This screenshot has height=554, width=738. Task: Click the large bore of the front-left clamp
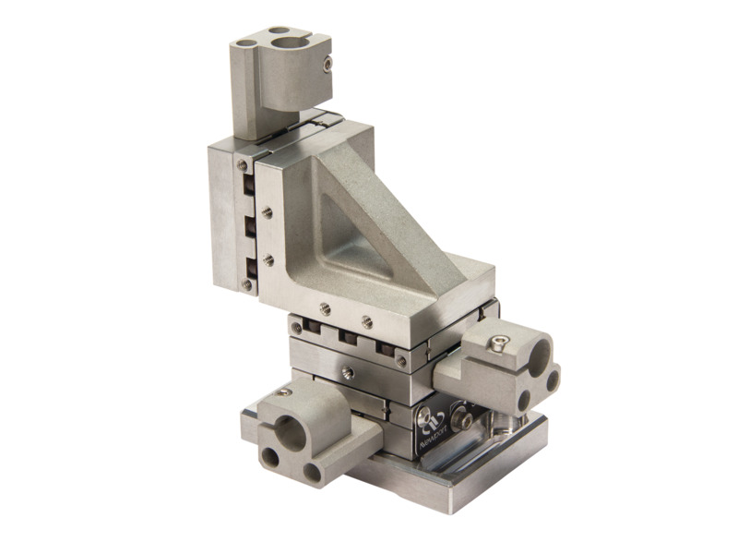click(x=293, y=429)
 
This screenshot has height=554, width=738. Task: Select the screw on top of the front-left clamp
click(x=285, y=392)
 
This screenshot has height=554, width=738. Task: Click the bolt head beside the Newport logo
click(x=466, y=421)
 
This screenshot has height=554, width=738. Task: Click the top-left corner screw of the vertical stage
click(x=242, y=165)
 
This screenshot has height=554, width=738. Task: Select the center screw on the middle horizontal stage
click(x=347, y=373)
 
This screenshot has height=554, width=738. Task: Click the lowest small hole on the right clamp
click(x=524, y=399)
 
